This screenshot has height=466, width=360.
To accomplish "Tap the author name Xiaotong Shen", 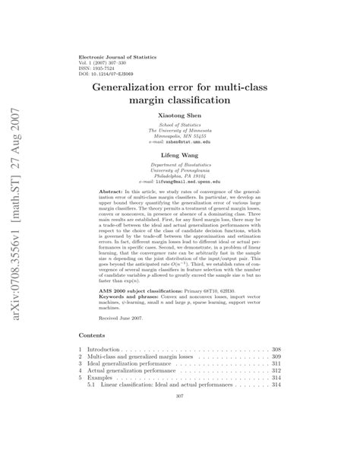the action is point(179,117).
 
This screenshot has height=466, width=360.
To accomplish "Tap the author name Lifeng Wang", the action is point(179,152).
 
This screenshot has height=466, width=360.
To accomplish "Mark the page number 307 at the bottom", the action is point(180,417).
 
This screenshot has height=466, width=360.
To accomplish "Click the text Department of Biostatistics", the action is point(179,163).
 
